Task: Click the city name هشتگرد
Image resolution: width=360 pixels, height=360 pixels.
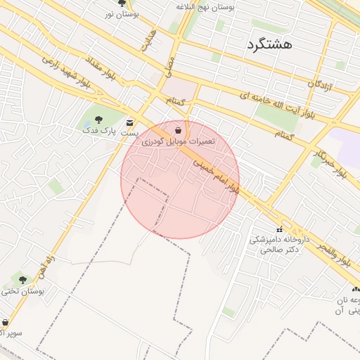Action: click(279, 44)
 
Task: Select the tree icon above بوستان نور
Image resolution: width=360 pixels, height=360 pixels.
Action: click(122, 4)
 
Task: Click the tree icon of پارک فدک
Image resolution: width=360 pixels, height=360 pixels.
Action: click(97, 120)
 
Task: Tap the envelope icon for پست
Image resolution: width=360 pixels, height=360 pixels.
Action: click(129, 122)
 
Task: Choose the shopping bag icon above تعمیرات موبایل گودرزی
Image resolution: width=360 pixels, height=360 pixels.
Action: click(179, 130)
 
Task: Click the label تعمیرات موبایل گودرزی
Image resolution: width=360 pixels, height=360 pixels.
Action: click(179, 141)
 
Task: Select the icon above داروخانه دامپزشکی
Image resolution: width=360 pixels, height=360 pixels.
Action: click(280, 229)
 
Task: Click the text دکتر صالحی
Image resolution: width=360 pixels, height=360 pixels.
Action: click(279, 249)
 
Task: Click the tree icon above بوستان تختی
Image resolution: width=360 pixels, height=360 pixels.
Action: click(22, 280)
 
